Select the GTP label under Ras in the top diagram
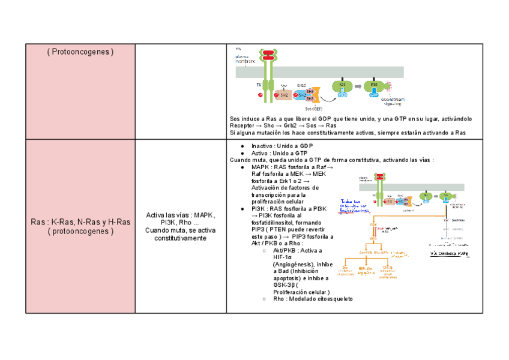click(374, 95)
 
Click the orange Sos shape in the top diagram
click(316, 95)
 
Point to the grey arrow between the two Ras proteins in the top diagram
click(358, 87)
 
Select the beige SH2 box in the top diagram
click(284, 95)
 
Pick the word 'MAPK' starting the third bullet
click(261, 167)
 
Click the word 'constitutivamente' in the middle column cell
click(180, 238)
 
